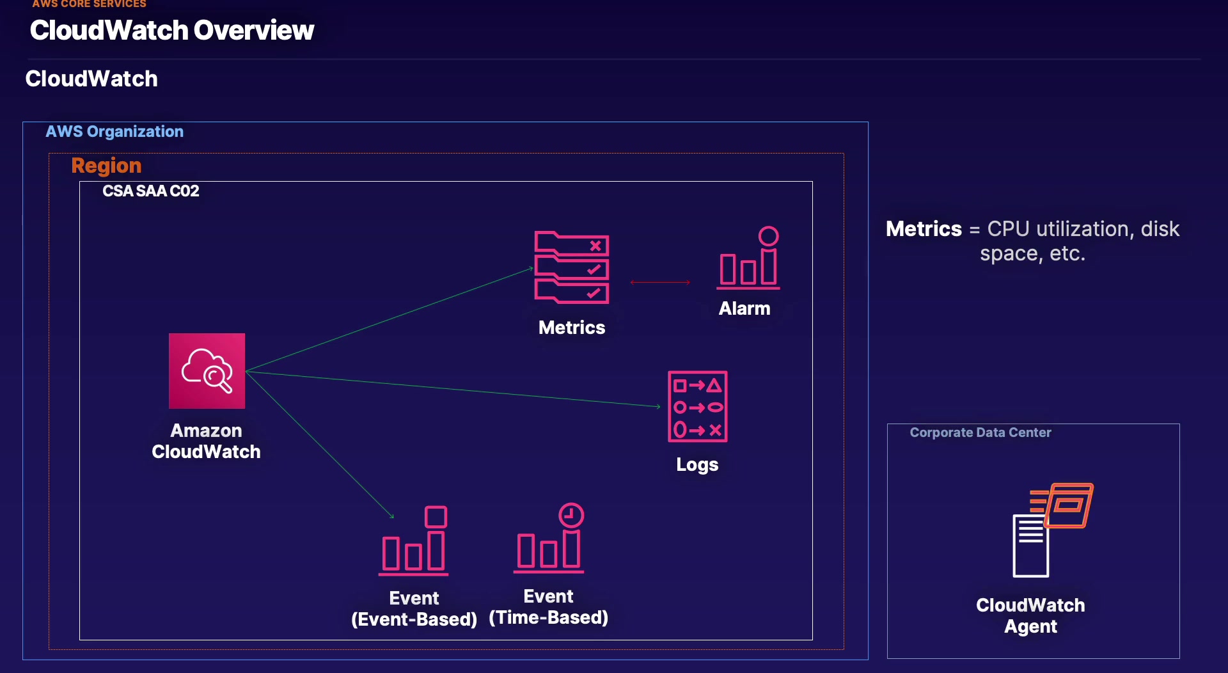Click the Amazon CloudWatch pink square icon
click(207, 370)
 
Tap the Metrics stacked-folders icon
click(572, 267)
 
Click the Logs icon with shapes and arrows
click(698, 406)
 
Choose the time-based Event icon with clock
click(549, 538)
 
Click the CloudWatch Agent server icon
click(1053, 530)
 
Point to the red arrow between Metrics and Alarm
click(660, 282)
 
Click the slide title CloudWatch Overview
click(172, 30)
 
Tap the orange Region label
click(106, 166)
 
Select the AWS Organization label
click(114, 131)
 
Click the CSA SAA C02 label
click(151, 191)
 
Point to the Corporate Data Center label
click(980, 432)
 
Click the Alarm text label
click(744, 308)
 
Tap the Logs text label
click(697, 464)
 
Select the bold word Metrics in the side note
click(924, 229)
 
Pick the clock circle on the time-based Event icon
click(571, 515)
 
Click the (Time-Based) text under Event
click(549, 617)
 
